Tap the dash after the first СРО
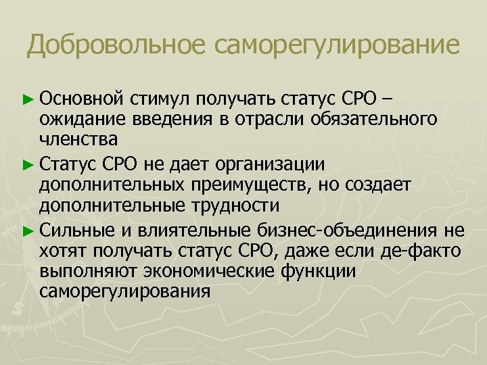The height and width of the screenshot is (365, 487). click(386, 100)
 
